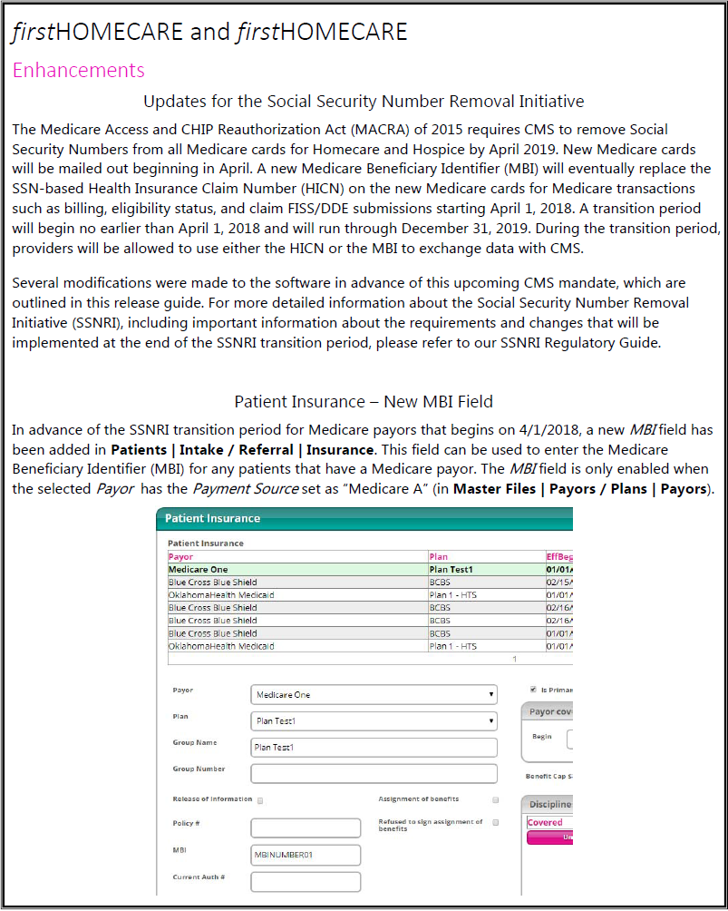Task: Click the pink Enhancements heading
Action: click(x=78, y=70)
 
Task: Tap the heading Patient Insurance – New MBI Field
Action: click(x=364, y=401)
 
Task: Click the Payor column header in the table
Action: click(x=181, y=557)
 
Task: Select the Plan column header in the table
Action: click(x=439, y=557)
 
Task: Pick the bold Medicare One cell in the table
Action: click(x=197, y=569)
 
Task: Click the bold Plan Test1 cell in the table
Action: click(x=451, y=569)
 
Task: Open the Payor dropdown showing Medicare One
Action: click(x=374, y=695)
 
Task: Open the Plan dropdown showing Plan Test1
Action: click(x=374, y=721)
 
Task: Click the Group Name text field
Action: click(x=374, y=748)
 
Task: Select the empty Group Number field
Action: click(x=374, y=774)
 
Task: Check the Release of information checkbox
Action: click(x=261, y=801)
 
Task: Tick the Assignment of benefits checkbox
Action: click(x=495, y=800)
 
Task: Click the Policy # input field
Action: click(x=306, y=828)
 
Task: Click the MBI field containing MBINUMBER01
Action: click(x=306, y=855)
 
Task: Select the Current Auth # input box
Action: click(x=306, y=881)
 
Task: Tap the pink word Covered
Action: click(x=545, y=823)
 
